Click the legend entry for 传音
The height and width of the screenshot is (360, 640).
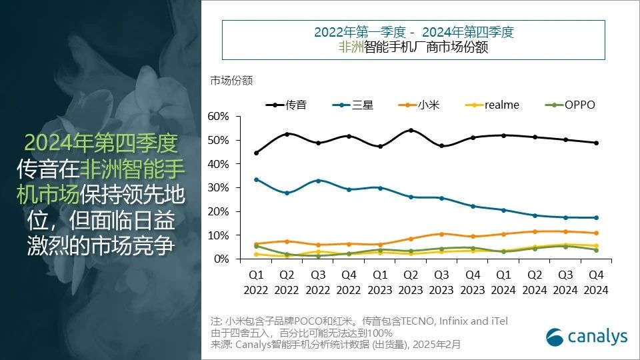click(287, 105)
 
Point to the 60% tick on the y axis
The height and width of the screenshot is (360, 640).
click(218, 117)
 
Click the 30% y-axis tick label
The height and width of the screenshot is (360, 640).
click(218, 188)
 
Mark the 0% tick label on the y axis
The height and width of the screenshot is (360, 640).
click(221, 259)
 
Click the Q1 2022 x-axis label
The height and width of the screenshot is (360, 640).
click(257, 283)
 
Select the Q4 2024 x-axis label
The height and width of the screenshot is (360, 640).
click(595, 283)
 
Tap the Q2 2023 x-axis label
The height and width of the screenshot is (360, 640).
click(411, 283)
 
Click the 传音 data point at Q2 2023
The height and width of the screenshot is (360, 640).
click(411, 130)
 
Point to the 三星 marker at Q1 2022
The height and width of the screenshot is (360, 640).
click(257, 179)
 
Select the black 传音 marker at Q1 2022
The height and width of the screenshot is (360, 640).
click(257, 153)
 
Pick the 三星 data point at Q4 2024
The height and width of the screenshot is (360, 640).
click(595, 217)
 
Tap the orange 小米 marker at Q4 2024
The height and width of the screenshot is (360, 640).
click(595, 233)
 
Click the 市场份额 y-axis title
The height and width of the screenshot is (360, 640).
click(231, 81)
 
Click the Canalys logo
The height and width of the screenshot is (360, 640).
click(587, 337)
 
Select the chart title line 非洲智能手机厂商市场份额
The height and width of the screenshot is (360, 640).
click(413, 48)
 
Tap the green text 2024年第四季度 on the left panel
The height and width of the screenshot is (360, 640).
click(100, 142)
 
